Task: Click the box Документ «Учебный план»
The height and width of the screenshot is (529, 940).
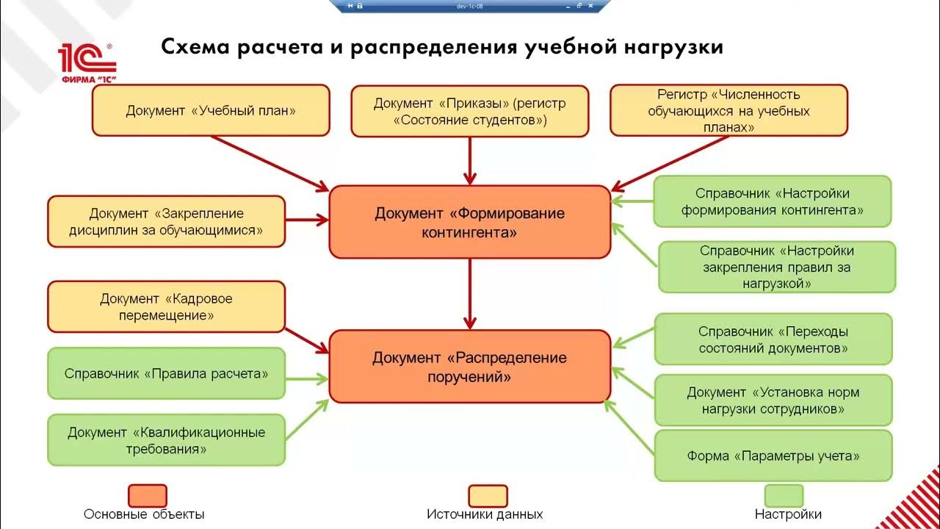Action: tap(211, 110)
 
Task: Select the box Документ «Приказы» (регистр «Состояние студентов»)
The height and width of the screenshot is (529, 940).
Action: tap(470, 111)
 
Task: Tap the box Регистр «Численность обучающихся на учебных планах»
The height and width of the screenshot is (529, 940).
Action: tap(728, 110)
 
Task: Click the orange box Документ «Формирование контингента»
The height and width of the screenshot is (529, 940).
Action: tap(470, 222)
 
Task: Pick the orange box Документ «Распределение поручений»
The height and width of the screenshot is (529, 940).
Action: tap(470, 366)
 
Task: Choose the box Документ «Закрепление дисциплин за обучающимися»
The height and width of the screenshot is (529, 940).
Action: tap(166, 222)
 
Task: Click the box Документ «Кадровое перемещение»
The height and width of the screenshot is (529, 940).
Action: tap(166, 307)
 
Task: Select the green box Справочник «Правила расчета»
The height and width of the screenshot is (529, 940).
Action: tap(166, 373)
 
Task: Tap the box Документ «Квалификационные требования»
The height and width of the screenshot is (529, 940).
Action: tap(166, 439)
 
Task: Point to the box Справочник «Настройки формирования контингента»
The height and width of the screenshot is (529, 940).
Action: tap(773, 201)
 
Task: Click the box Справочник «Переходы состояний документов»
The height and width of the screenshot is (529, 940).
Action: tap(773, 339)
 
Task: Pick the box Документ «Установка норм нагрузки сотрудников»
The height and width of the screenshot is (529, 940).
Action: tap(773, 400)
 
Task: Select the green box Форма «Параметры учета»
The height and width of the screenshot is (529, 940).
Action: tap(773, 456)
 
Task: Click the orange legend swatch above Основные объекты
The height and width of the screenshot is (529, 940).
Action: tap(147, 495)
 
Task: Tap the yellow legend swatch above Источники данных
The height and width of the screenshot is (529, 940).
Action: tap(488, 495)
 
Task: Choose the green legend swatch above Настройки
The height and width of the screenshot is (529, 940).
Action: tap(784, 495)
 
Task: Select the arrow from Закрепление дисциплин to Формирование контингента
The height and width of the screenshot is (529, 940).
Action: tap(307, 220)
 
